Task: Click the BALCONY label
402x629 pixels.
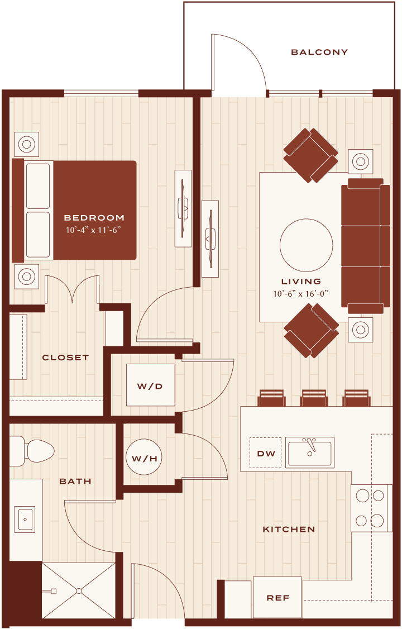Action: tap(319, 52)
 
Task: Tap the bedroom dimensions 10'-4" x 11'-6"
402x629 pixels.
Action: tap(93, 230)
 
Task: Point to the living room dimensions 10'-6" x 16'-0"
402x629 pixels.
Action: tap(300, 293)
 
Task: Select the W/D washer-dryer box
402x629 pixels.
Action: tap(150, 385)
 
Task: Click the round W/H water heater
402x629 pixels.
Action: tap(144, 458)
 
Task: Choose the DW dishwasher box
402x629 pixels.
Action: tap(265, 453)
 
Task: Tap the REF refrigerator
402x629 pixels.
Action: tap(277, 597)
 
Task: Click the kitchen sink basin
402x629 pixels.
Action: tap(310, 452)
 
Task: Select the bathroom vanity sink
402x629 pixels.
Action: tap(25, 519)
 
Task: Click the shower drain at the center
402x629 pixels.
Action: tap(79, 591)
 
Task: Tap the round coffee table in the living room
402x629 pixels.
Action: tap(306, 245)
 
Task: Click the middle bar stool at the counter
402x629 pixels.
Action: tap(314, 398)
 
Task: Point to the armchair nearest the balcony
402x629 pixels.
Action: tap(310, 155)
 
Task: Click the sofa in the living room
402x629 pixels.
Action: tap(366, 246)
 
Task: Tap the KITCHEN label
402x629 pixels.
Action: tap(289, 530)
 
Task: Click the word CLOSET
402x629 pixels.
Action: tap(65, 358)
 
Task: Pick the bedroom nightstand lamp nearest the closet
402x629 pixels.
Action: tap(26, 277)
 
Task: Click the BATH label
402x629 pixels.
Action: tap(75, 482)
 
